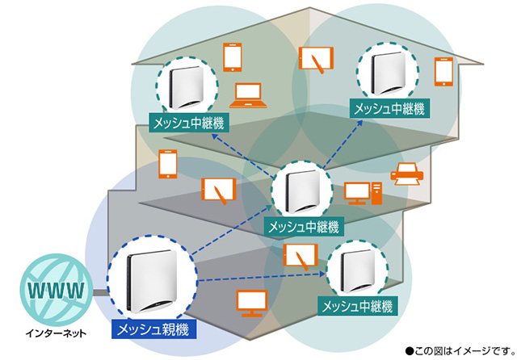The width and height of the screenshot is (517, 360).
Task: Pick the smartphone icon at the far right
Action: coord(443,71)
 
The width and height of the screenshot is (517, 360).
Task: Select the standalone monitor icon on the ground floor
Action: coord(250,303)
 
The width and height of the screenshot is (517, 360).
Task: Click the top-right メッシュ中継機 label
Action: coord(389,107)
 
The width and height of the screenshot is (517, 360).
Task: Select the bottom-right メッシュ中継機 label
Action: coord(357,307)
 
